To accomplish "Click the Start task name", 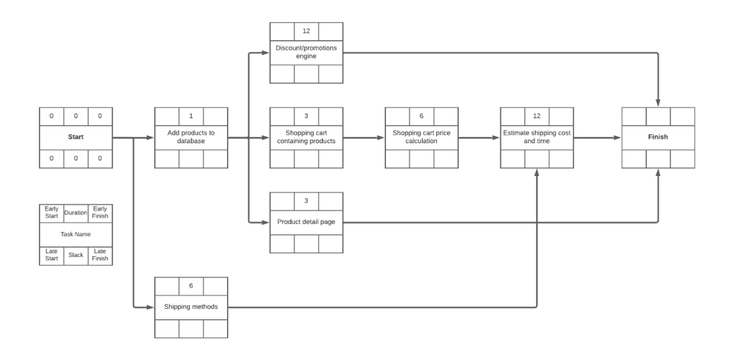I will click(x=75, y=137).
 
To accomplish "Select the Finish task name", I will click(x=658, y=137).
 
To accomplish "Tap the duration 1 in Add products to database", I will click(x=191, y=115).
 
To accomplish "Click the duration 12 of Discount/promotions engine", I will click(x=306, y=31).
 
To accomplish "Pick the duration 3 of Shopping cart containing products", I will click(x=306, y=115).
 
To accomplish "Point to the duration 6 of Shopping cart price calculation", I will click(x=421, y=115).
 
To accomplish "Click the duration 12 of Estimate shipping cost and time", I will click(x=537, y=115).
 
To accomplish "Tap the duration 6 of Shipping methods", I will click(x=191, y=285).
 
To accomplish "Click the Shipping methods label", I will click(x=191, y=307).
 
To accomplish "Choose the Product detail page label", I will click(x=306, y=222).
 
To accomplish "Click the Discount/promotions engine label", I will click(x=306, y=52).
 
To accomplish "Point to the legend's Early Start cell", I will click(x=52, y=213).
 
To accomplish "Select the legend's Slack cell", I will click(x=75, y=255).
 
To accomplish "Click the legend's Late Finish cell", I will click(x=100, y=255).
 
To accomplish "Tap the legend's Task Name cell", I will click(x=75, y=234).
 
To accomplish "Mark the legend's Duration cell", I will click(x=75, y=213).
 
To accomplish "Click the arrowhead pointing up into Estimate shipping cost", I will click(x=537, y=173).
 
